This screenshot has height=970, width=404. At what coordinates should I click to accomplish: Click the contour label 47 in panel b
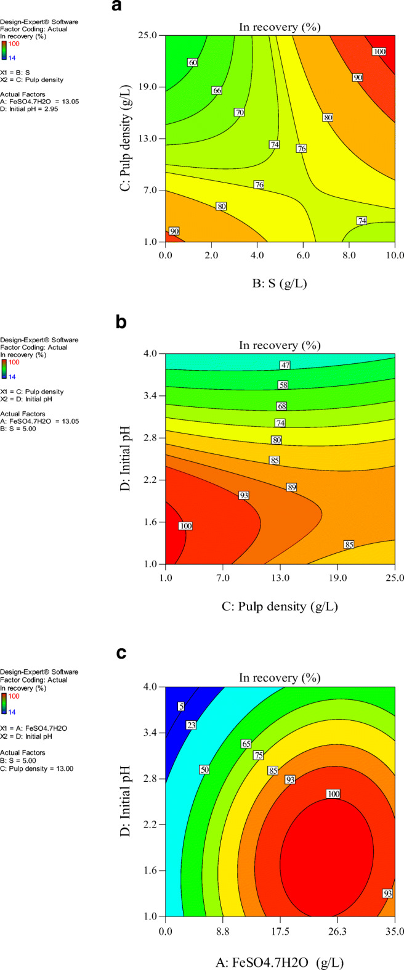tap(285, 365)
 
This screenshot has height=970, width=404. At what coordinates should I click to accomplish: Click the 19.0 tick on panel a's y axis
tap(151, 87)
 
